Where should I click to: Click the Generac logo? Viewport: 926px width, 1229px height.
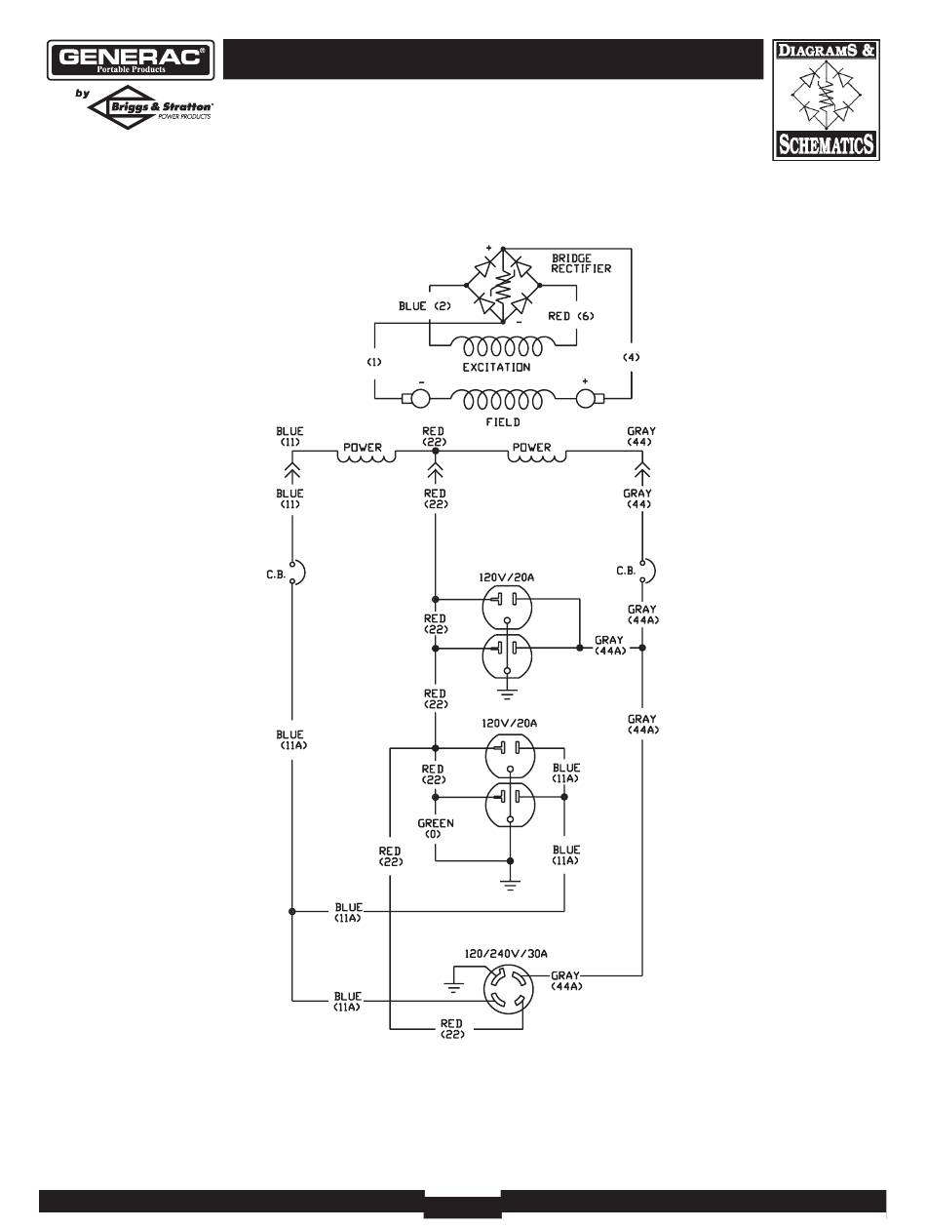131,59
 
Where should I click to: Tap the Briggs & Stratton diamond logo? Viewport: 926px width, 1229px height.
150,107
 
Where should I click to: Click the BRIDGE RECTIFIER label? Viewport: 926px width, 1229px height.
581,263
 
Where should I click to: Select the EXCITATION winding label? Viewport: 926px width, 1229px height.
496,368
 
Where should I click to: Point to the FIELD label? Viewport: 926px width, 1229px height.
502,422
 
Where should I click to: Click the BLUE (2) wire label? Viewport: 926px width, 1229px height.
424,306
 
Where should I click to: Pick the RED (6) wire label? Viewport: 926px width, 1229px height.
570,316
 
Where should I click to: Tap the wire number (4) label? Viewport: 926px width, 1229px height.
631,357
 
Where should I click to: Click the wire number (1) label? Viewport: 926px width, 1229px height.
373,362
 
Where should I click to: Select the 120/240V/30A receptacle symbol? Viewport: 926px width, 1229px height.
508,989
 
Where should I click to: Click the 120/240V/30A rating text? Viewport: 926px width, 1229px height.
506,954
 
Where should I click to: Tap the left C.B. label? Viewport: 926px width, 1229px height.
276,575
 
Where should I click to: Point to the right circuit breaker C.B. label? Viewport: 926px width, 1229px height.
626,572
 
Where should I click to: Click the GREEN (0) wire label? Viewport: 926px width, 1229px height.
436,829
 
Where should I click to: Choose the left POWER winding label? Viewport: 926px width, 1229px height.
362,448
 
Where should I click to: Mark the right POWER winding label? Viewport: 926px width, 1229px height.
531,448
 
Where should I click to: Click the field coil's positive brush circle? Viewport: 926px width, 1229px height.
585,399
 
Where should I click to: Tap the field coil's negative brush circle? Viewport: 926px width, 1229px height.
421,399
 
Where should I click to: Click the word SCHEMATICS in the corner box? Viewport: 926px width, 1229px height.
826,145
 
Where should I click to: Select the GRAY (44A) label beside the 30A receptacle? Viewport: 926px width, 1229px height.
566,980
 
